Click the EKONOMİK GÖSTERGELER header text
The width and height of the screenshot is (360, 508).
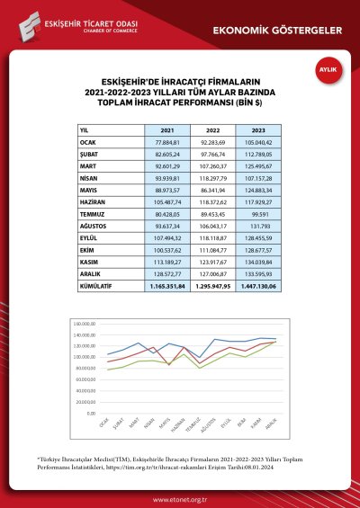(x=276, y=30)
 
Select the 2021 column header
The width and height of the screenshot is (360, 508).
(x=167, y=130)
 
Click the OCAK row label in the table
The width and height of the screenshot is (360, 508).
(x=90, y=142)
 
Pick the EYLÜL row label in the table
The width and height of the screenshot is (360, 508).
(x=90, y=237)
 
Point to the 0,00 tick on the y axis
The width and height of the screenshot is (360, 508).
(x=92, y=413)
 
